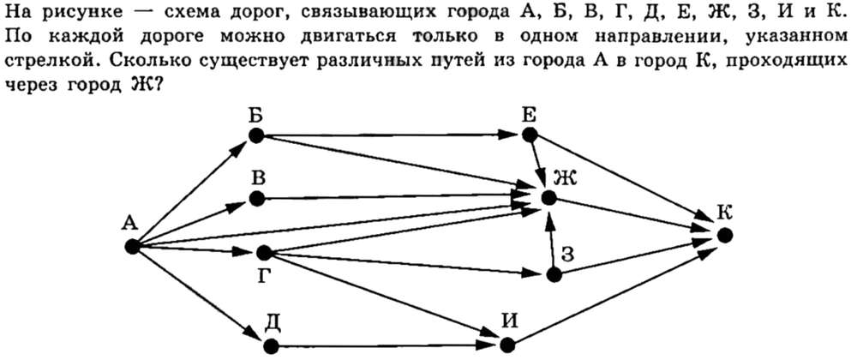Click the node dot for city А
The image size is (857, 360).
point(132,247)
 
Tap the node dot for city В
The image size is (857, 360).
point(257,198)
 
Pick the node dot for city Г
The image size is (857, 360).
point(264,253)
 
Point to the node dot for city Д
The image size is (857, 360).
point(271,346)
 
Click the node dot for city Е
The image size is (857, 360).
point(529,135)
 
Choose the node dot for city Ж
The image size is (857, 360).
point(548,198)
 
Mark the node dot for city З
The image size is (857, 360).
point(554,275)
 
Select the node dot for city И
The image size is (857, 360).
point(507,346)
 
